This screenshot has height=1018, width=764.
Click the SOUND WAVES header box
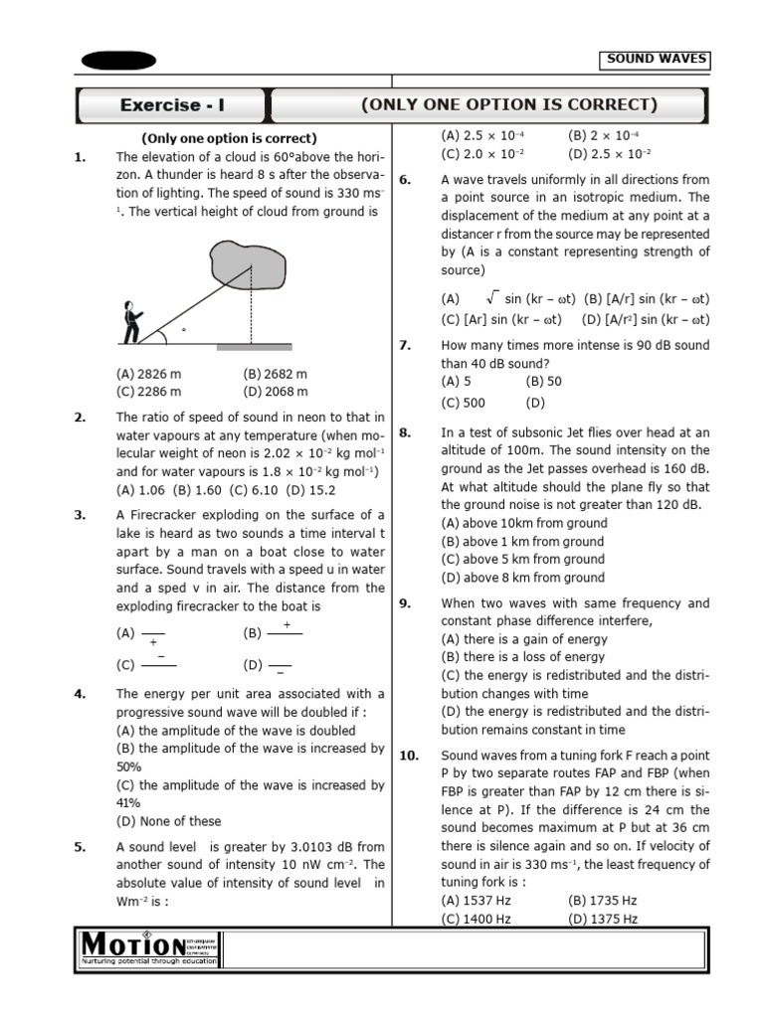658,60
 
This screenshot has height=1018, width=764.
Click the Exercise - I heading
170,105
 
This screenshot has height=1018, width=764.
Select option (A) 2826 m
149,374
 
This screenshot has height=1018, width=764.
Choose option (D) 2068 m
276,392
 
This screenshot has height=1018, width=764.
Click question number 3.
80,515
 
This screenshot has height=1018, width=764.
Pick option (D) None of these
169,821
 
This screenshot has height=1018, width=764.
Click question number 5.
80,847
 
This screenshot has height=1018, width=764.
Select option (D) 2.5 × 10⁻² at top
609,154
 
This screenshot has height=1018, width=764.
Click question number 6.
405,180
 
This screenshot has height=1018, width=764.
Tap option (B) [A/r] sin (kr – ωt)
647,298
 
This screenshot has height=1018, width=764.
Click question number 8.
405,432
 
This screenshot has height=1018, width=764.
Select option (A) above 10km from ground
523,523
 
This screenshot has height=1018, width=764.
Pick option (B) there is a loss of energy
522,657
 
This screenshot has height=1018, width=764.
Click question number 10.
409,756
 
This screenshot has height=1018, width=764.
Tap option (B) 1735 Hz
603,901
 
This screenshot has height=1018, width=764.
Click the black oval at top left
118,61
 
